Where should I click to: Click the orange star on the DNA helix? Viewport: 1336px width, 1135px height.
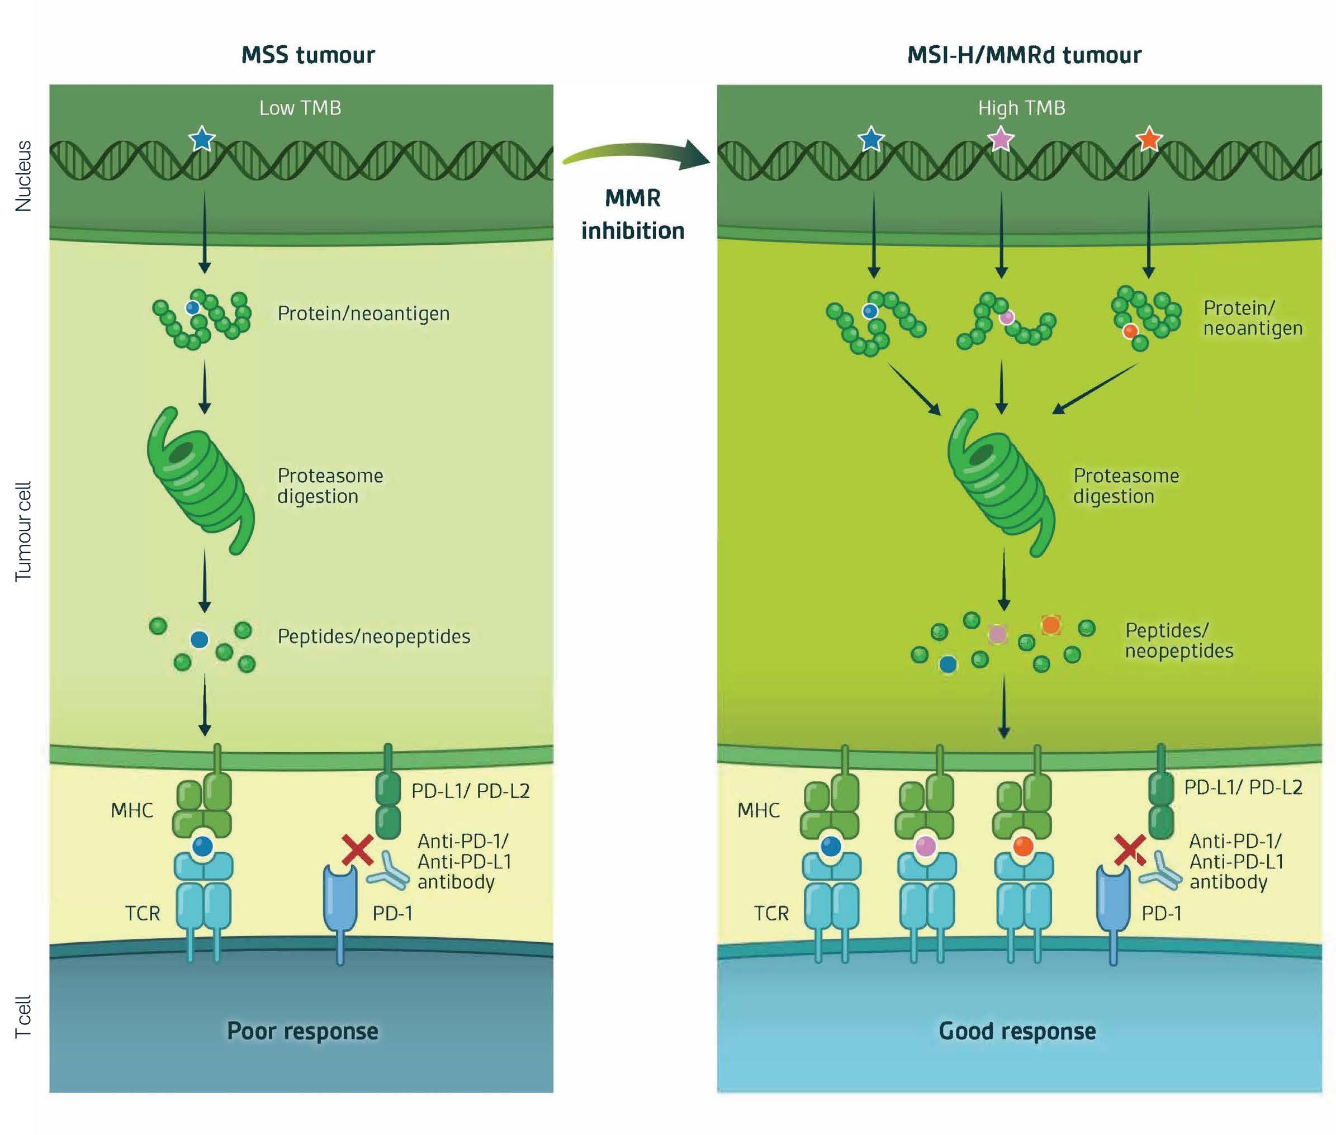1149,139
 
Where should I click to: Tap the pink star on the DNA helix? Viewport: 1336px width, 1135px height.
1000,139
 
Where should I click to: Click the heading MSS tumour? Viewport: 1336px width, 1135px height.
307,55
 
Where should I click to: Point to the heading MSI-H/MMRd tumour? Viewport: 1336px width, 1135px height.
1024,55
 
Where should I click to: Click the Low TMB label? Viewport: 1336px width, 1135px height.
300,108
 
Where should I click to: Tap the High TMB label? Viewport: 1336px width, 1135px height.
1021,108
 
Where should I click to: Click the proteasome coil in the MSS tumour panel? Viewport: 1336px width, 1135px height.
200,479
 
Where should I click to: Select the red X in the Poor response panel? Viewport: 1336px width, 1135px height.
357,849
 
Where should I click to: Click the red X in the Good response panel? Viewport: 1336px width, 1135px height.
1129,849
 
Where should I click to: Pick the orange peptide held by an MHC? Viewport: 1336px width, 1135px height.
1022,846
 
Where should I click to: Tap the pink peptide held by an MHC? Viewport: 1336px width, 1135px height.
926,846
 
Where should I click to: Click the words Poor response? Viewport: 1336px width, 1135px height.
302,1030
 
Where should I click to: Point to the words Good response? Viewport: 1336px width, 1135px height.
1017,1030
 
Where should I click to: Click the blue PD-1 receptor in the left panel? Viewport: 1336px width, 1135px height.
340,901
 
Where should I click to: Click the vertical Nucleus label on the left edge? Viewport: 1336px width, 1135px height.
23,175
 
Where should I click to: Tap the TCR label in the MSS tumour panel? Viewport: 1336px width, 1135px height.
142,913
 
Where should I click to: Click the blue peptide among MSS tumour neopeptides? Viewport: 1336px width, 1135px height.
200,639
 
